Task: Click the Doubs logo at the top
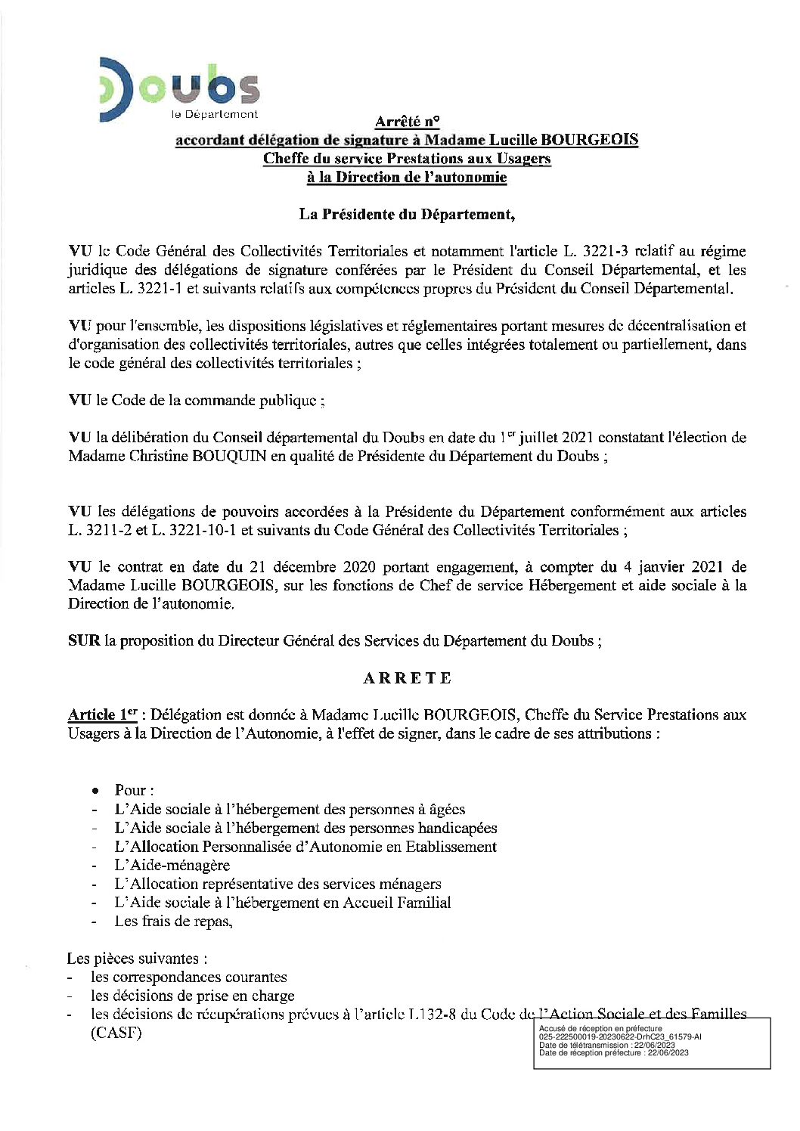[x=179, y=90]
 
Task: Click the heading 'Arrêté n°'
[x=407, y=122]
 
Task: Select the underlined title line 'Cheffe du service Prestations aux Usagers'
[x=407, y=159]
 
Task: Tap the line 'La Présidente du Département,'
[x=407, y=215]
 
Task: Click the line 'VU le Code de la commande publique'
[x=196, y=401]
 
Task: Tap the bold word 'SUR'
[x=83, y=641]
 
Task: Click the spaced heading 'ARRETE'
[x=407, y=678]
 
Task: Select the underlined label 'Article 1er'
[x=103, y=715]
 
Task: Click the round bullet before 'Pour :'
[x=95, y=791]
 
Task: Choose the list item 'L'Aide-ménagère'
[x=172, y=866]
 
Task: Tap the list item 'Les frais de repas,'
[x=173, y=922]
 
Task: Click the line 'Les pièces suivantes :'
[x=137, y=959]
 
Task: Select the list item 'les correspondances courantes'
[x=188, y=978]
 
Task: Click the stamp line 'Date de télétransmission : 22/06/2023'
[x=606, y=1045]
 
